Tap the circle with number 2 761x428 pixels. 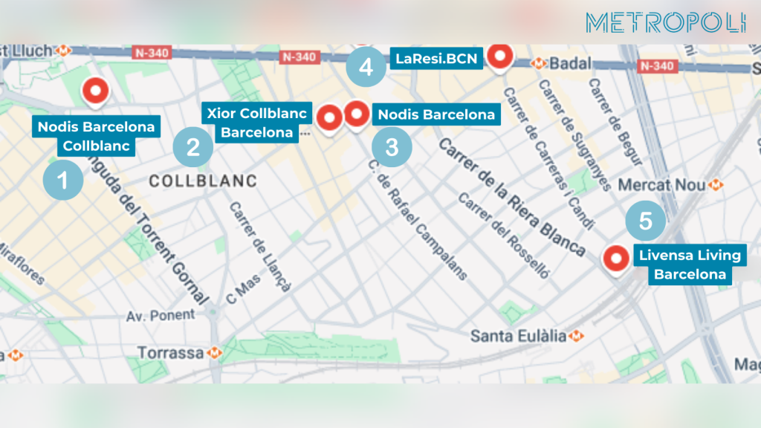click(x=193, y=146)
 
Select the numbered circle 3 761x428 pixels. click(x=392, y=146)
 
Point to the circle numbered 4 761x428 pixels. click(x=366, y=68)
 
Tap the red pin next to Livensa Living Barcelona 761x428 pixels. click(x=615, y=259)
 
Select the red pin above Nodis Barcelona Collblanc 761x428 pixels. click(x=95, y=91)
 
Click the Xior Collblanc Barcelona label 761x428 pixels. click(x=256, y=123)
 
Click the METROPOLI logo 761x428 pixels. click(x=665, y=23)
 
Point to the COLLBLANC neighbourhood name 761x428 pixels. click(x=202, y=181)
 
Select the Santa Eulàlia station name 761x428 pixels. click(x=519, y=337)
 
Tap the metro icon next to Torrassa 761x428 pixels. click(x=216, y=352)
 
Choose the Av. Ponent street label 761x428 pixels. click(x=161, y=315)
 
